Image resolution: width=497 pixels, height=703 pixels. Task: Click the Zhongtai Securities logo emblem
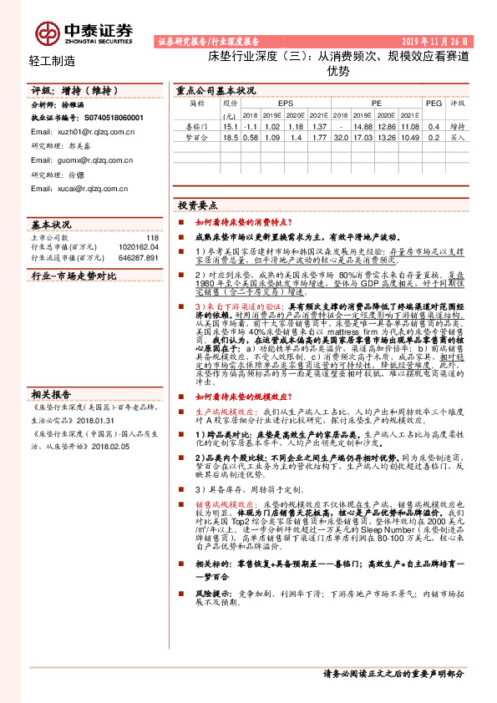pos(47,33)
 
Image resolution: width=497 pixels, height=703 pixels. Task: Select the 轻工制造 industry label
pos(52,61)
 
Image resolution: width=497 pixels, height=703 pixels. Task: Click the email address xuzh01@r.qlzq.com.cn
pos(70,132)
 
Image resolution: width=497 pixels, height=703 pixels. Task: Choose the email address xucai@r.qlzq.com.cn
pos(71,189)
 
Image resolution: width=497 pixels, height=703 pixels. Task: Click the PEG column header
pos(433,103)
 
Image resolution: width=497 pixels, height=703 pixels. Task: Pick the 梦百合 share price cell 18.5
pos(231,136)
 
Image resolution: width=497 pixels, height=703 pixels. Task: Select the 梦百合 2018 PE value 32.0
pos(341,136)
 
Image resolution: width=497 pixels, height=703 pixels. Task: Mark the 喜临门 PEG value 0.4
pos(433,125)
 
